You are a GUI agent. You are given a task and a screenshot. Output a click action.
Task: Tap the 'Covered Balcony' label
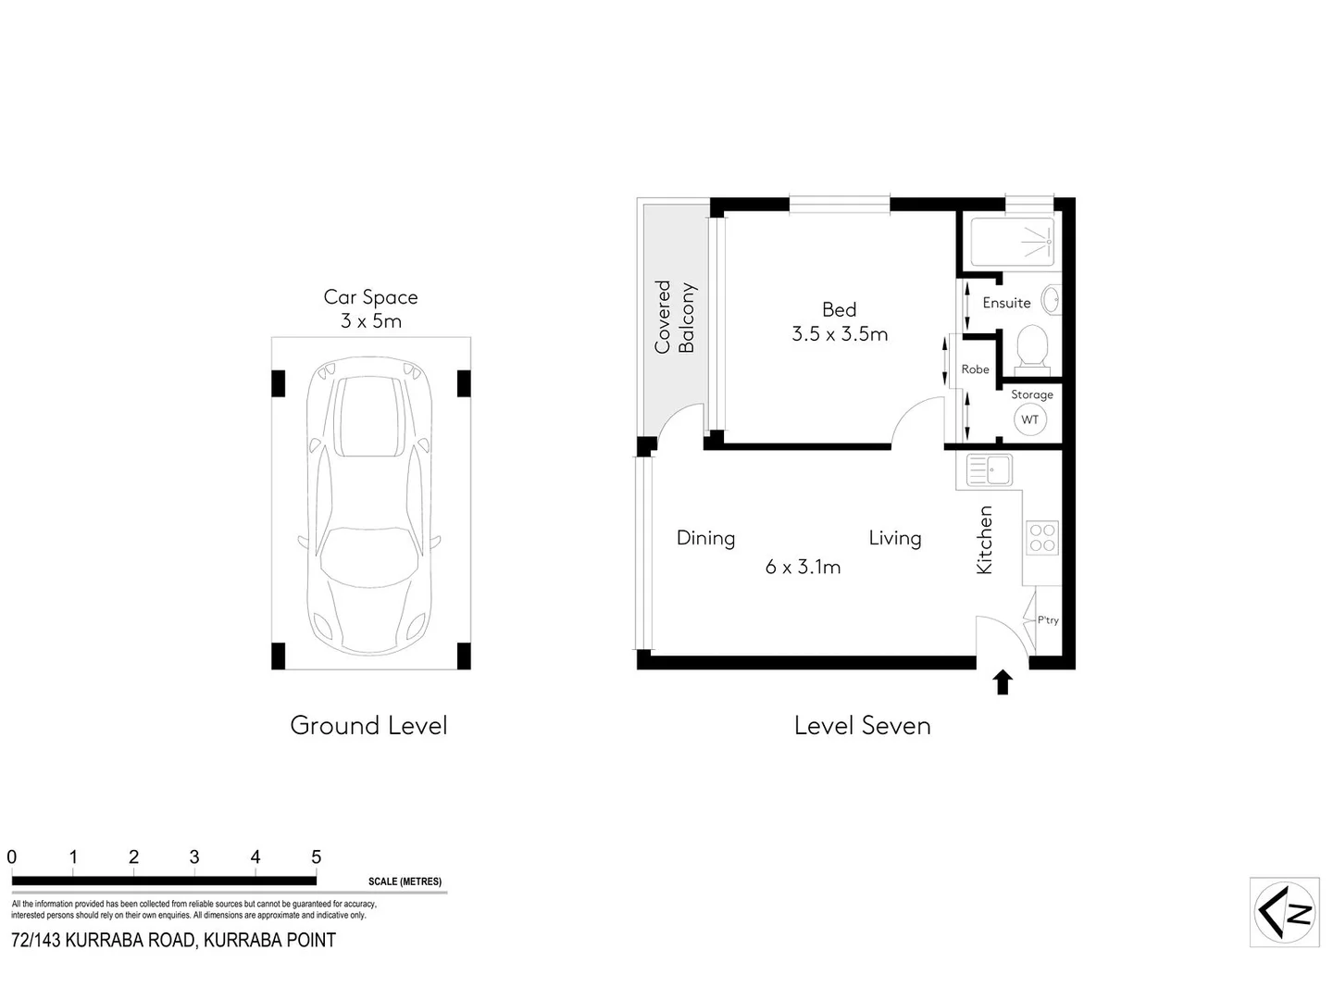click(674, 318)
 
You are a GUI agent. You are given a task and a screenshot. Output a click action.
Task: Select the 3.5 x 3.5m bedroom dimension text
click(840, 334)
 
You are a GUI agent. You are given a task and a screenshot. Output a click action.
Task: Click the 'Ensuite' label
click(1006, 303)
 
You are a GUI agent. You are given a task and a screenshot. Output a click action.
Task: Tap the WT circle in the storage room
click(1029, 419)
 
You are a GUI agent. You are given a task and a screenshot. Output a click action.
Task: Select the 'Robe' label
click(975, 369)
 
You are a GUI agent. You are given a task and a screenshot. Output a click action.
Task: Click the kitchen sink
click(989, 469)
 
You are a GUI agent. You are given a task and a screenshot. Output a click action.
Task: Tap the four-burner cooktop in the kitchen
click(1042, 538)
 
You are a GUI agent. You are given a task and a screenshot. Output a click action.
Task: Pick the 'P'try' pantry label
click(1048, 620)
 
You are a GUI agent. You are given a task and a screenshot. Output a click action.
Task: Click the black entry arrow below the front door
click(1003, 683)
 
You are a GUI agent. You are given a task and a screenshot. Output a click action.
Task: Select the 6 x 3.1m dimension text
click(803, 567)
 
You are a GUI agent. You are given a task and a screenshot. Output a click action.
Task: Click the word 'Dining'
click(705, 538)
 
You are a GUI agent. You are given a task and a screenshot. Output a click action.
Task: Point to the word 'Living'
click(894, 538)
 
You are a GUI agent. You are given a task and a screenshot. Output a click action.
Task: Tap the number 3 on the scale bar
click(194, 857)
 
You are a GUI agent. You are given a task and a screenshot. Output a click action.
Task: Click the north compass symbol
click(1285, 912)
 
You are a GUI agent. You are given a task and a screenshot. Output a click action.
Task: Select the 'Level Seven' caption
click(862, 726)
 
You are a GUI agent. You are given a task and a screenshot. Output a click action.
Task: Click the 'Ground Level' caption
click(368, 726)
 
